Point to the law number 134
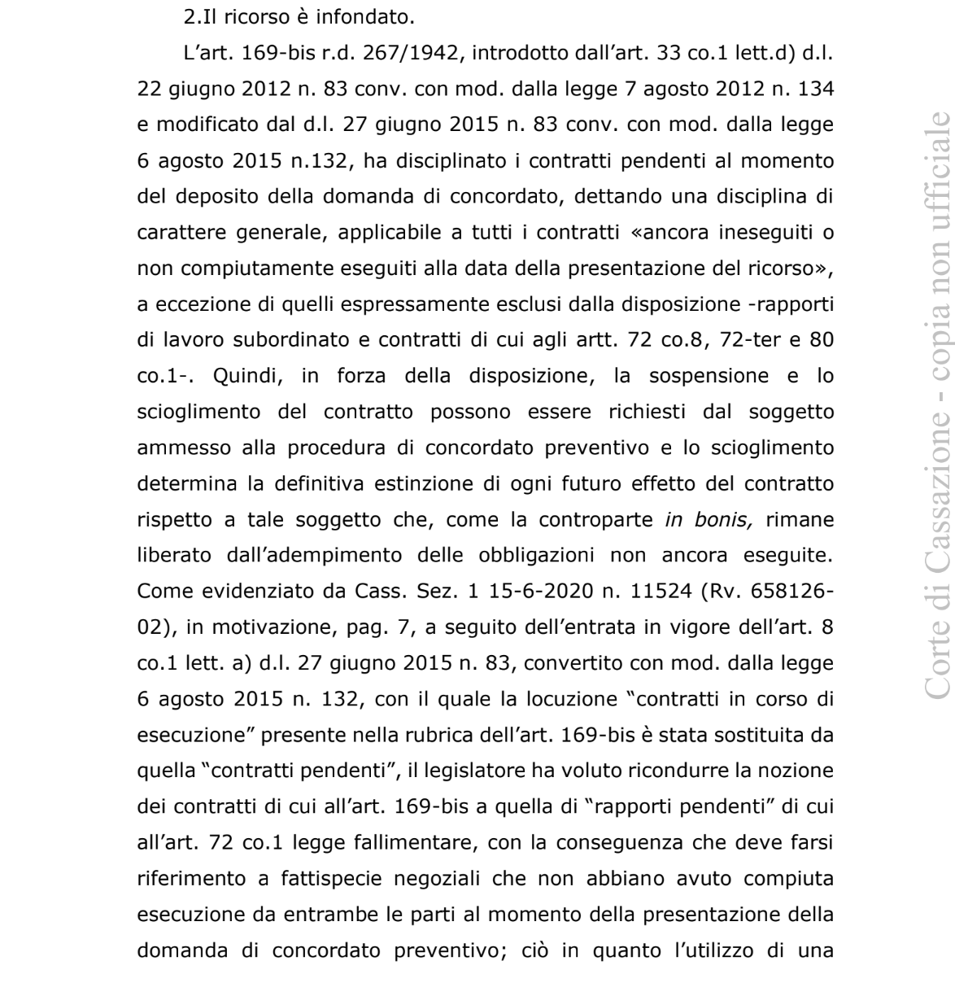tap(818, 90)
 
